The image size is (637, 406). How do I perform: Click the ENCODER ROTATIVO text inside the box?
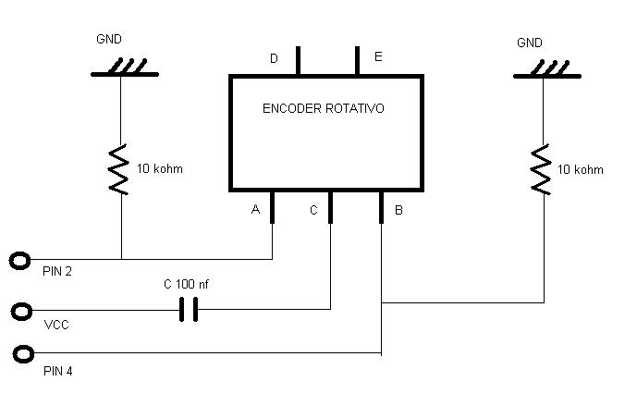click(x=324, y=108)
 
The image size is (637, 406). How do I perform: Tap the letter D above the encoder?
click(x=274, y=58)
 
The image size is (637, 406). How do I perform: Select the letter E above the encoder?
click(x=378, y=57)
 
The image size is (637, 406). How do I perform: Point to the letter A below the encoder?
click(x=255, y=210)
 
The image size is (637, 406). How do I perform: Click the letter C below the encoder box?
click(x=313, y=211)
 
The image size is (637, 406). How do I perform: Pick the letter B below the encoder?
click(x=398, y=211)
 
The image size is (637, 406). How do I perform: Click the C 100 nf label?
click(x=186, y=285)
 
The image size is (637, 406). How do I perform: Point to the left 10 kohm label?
click(x=160, y=169)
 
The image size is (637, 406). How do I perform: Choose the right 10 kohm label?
click(x=581, y=169)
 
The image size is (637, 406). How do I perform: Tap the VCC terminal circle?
click(x=20, y=310)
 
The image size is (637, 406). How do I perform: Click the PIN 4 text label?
click(x=59, y=372)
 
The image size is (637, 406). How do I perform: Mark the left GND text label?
click(x=109, y=40)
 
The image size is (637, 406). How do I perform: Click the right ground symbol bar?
click(x=542, y=75)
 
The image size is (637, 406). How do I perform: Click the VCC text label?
click(x=55, y=326)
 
